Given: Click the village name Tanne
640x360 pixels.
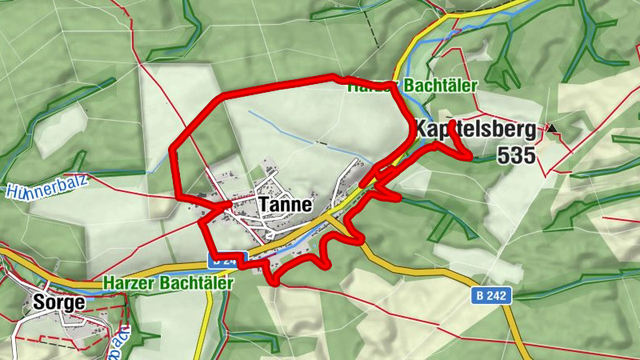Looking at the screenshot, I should coord(284,204).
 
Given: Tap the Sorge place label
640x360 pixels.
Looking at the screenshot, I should coord(58,302).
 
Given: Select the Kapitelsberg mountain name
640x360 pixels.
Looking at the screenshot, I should coord(474,130).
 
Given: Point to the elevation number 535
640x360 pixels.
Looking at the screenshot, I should coord(515,156).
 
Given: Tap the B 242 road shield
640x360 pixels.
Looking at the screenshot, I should coord(490,296).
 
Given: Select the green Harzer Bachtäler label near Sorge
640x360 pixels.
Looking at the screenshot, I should coord(168,283).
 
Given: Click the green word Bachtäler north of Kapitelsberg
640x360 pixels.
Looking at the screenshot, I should coord(441,85).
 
